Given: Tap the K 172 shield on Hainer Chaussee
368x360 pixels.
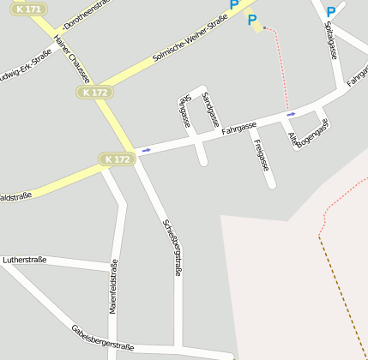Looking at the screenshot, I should click(93, 92).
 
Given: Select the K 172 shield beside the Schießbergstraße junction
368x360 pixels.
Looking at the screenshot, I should click(117, 159).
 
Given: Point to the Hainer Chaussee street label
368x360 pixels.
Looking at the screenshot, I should click(71, 59).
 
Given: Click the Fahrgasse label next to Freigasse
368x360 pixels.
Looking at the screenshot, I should click(238, 129).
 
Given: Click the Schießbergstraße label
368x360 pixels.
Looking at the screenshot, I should click(172, 247).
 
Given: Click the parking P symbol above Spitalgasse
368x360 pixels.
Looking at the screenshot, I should click(330, 12).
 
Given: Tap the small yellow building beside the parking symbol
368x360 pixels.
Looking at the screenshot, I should click(257, 28).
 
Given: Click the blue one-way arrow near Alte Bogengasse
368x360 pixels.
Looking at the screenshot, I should click(292, 114).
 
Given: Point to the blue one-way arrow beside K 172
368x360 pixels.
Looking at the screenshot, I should click(146, 151).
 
